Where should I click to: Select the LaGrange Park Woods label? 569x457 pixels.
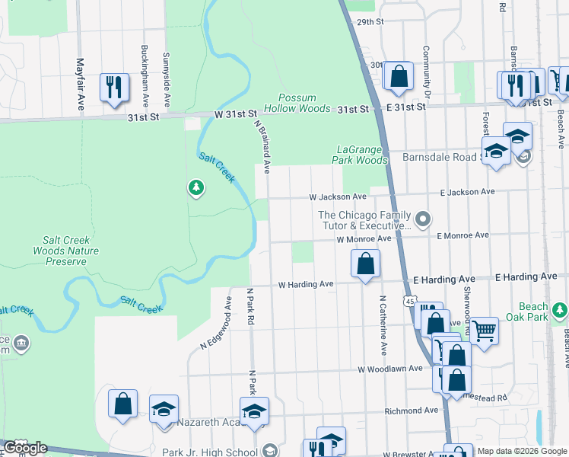pyautogui.click(x=360, y=155)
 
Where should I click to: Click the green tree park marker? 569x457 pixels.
pyautogui.click(x=196, y=187)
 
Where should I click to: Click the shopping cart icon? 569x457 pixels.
pyautogui.click(x=484, y=331)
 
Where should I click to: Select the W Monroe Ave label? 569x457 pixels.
pyautogui.click(x=364, y=239)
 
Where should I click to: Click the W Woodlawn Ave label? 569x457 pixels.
pyautogui.click(x=390, y=369)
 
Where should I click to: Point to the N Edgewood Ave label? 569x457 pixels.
pyautogui.click(x=215, y=323)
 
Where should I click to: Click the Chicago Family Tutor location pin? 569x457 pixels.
pyautogui.click(x=424, y=220)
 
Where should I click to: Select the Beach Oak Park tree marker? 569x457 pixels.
pyautogui.click(x=560, y=309)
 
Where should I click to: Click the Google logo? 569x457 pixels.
pyautogui.click(x=24, y=448)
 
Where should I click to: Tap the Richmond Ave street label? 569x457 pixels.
pyautogui.click(x=411, y=411)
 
